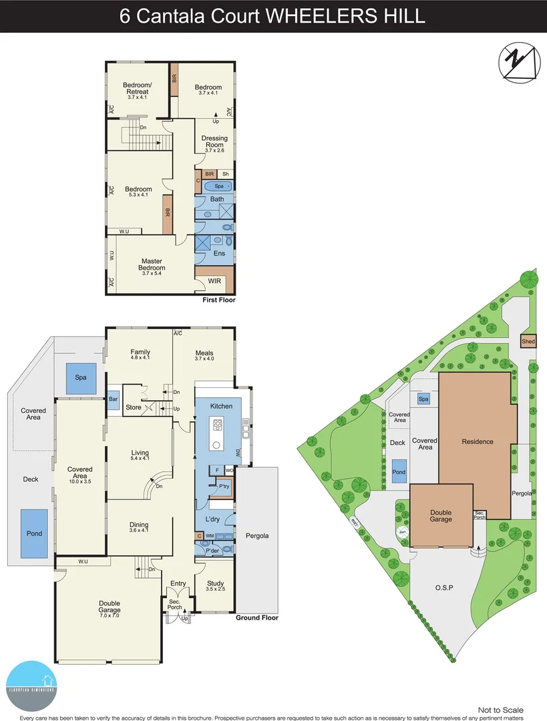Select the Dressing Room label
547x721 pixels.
(x=214, y=142)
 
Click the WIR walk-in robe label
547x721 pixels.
(x=214, y=281)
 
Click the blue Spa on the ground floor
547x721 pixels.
(x=81, y=377)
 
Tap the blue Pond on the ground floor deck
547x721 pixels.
(x=34, y=533)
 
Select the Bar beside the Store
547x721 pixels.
(x=114, y=399)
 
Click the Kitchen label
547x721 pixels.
(x=221, y=406)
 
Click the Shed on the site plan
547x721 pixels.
(x=528, y=341)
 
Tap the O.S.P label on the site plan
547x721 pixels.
(x=444, y=587)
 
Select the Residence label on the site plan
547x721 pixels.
(x=478, y=441)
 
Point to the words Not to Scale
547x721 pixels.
(x=501, y=710)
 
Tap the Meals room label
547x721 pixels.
(x=204, y=352)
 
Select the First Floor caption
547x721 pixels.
(x=219, y=300)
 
